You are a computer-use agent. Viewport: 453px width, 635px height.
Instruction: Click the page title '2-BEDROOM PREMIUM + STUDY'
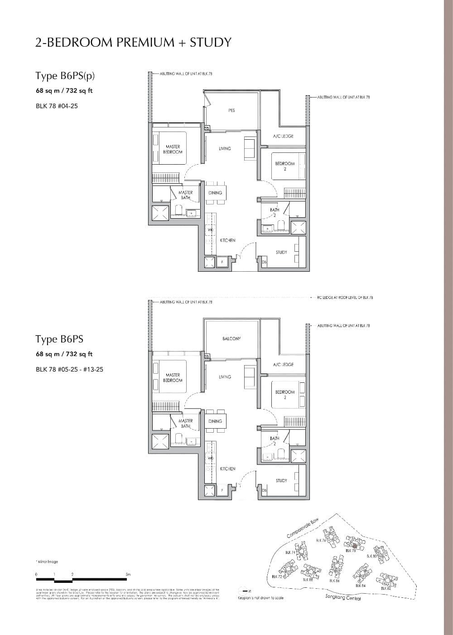pos(133,42)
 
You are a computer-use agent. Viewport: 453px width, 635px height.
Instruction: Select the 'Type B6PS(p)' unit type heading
pos(65,76)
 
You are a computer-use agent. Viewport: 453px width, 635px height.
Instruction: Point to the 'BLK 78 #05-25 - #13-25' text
pos(69,369)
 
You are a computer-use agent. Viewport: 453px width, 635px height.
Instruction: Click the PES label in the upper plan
pos(231,110)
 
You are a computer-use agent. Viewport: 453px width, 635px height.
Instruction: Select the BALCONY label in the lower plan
pos(231,339)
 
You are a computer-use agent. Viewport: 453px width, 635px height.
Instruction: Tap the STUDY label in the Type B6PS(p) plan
pos(281,252)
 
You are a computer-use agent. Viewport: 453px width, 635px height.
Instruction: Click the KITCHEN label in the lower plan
pos(227,469)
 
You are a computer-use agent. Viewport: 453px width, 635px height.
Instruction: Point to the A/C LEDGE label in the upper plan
pos(283,136)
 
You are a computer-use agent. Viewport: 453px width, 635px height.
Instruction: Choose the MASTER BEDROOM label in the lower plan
pos(173,377)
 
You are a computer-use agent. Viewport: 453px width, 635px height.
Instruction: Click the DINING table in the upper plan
pos(215,193)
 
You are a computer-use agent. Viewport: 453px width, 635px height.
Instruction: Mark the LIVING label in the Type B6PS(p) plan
pos(225,148)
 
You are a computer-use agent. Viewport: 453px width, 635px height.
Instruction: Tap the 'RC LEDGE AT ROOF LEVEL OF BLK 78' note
pos(345,298)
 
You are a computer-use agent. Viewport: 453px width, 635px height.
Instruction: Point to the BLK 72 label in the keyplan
pos(276,576)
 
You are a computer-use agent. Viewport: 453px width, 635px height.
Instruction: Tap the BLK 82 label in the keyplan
pos(386,588)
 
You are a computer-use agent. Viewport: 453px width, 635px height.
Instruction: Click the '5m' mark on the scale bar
pos(128,574)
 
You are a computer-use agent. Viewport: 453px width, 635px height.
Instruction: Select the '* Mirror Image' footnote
pos(47,562)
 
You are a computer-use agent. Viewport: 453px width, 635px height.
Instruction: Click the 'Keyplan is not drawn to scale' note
pos(260,598)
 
